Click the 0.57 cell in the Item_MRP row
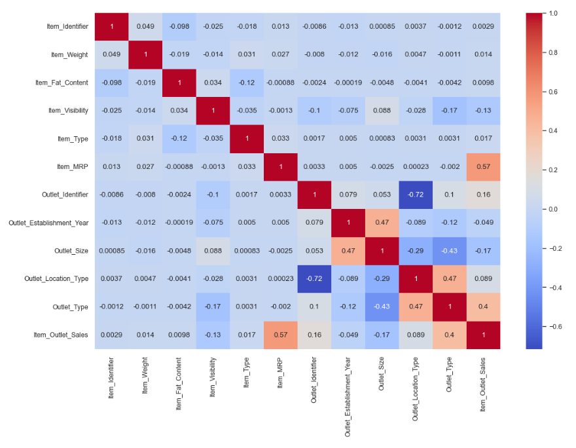point(482,166)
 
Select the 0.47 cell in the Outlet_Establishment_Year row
point(382,223)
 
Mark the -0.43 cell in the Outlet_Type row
point(382,307)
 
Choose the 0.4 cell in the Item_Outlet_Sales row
point(449,335)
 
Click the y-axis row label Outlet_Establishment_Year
point(49,223)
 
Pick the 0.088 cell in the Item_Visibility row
point(382,111)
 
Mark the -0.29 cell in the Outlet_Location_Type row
point(382,278)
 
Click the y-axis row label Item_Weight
point(70,54)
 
